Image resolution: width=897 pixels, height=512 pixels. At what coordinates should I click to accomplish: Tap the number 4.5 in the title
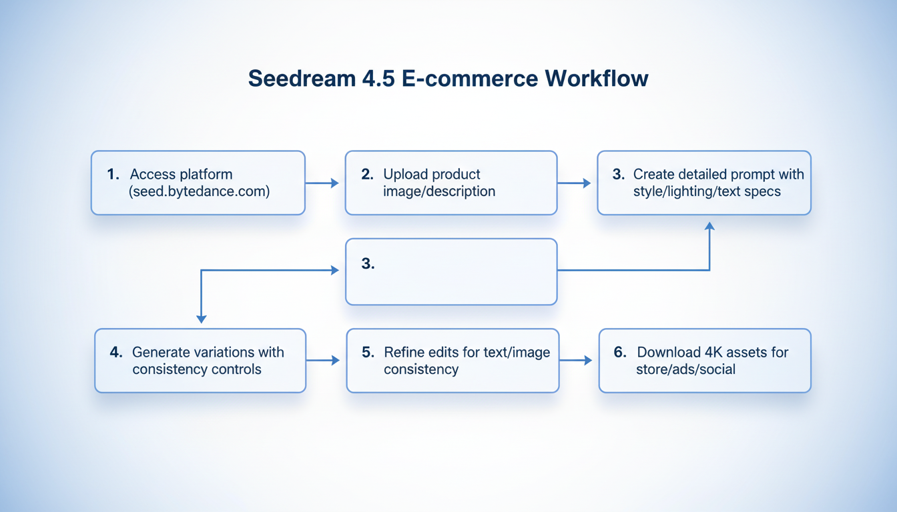(366, 79)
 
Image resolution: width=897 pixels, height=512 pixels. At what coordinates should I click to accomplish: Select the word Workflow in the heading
(596, 79)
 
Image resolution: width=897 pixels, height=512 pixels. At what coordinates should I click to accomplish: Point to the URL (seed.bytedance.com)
(199, 192)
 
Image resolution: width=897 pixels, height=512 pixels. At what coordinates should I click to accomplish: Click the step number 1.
(112, 175)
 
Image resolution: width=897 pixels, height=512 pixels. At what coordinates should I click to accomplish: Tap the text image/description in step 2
(439, 192)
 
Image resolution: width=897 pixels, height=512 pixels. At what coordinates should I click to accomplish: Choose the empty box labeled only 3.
(451, 272)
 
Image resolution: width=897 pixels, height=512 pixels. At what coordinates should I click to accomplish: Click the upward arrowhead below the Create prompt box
(709, 227)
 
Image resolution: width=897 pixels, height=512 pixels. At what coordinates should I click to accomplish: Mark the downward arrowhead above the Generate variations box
(202, 319)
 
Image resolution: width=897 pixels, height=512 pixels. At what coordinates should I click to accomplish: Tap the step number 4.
(115, 352)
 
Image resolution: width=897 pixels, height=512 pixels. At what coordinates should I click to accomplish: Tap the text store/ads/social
(685, 369)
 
